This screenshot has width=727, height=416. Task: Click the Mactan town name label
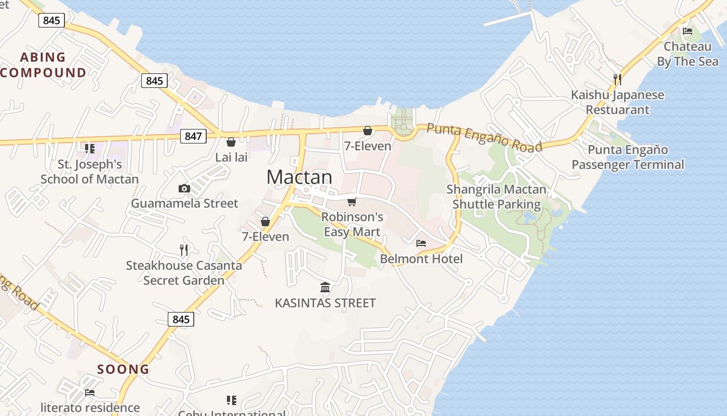tap(299, 177)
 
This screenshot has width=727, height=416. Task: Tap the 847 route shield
tap(193, 136)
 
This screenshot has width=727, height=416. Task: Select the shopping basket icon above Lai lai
tap(231, 142)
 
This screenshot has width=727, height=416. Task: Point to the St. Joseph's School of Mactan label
tap(89, 172)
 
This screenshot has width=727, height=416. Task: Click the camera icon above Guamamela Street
tap(184, 189)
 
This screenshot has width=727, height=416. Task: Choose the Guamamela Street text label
tap(184, 203)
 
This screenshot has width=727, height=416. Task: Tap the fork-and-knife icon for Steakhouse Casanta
tap(183, 250)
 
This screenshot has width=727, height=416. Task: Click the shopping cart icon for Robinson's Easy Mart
tap(352, 202)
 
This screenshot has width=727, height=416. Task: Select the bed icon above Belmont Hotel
tap(421, 243)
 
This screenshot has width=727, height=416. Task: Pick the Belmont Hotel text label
tap(421, 258)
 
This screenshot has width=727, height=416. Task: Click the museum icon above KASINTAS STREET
tap(325, 287)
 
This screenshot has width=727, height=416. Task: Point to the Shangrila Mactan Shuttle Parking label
tap(496, 197)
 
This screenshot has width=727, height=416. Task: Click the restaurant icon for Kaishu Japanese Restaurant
tap(617, 80)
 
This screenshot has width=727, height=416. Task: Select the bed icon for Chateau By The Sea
tap(688, 31)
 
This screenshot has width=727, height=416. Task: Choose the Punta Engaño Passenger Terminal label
tap(628, 158)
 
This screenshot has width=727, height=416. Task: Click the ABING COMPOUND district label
tap(43, 64)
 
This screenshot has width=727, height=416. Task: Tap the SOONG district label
tap(124, 370)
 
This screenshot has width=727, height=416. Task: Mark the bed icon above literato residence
tap(90, 393)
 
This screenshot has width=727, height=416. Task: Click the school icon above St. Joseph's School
tap(89, 149)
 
